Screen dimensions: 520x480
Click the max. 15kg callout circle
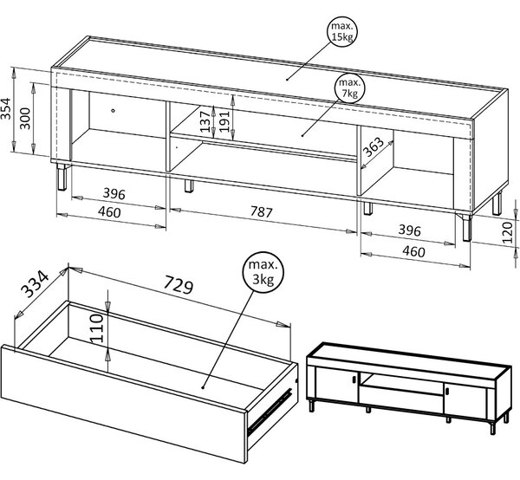click(x=343, y=19)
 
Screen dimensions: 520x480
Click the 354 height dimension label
click(x=6, y=108)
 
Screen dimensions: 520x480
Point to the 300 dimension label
click(x=25, y=119)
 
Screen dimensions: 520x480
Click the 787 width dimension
click(x=261, y=211)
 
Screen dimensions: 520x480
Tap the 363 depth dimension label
click(x=374, y=146)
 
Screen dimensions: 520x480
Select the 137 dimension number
click(x=205, y=121)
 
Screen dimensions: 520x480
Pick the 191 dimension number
click(x=224, y=121)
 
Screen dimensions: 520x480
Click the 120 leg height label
click(x=507, y=233)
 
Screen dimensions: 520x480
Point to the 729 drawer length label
click(x=179, y=284)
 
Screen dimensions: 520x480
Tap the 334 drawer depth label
click(x=35, y=284)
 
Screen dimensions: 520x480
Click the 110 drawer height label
click(x=97, y=328)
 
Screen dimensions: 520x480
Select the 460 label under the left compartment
click(x=109, y=212)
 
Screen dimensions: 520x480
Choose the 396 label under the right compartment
click(x=409, y=230)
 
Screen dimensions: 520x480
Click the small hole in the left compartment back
click(x=114, y=110)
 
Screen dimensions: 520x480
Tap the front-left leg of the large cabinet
click(x=62, y=177)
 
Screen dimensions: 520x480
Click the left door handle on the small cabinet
click(x=354, y=379)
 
